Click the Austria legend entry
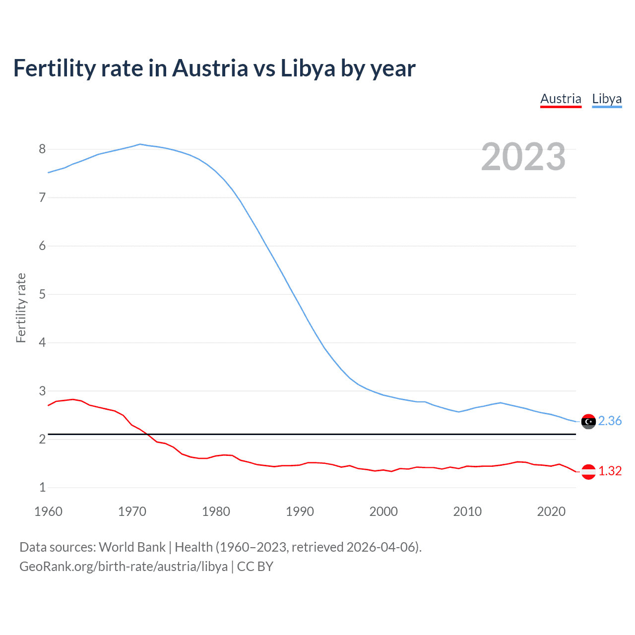[561, 99]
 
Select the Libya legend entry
[607, 99]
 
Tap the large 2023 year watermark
[523, 157]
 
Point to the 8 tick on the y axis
[42, 149]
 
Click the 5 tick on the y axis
[42, 294]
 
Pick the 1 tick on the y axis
[42, 488]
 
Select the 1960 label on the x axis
[48, 511]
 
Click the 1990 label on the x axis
[300, 511]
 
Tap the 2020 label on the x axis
[551, 511]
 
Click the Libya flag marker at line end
[588, 421]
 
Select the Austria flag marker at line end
[588, 471]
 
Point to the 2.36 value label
[610, 421]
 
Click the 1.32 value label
[610, 471]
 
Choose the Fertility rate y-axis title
[21, 308]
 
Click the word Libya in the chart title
[308, 68]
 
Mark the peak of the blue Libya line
[140, 144]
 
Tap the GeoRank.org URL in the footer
[124, 567]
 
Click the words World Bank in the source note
[132, 547]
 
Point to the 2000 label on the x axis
[383, 511]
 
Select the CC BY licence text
[255, 567]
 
